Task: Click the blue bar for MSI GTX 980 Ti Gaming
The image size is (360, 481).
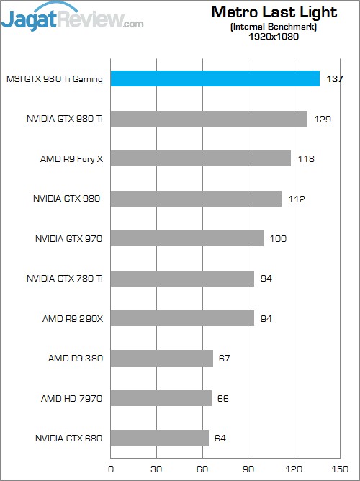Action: pos(215,78)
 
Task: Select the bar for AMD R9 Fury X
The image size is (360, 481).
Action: pos(200,158)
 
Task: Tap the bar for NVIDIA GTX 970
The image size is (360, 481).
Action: pos(186,238)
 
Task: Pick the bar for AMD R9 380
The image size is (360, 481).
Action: pos(161,358)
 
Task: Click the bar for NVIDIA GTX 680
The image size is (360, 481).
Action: pos(159,438)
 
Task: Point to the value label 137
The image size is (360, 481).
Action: pos(334,79)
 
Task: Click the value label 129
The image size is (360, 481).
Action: pos(322,119)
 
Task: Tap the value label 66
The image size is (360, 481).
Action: pos(224,398)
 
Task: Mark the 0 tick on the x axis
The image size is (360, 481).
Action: pos(110,468)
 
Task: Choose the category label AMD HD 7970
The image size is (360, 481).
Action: pos(71,398)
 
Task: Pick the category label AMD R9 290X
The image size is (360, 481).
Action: pos(71,318)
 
